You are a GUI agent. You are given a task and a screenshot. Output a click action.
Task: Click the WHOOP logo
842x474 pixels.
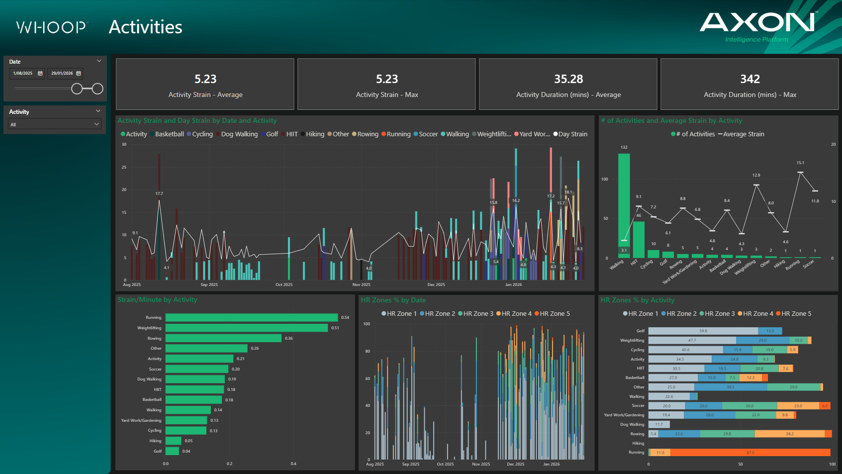[x=52, y=27]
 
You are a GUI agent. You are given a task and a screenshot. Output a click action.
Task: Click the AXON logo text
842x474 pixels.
[x=757, y=22]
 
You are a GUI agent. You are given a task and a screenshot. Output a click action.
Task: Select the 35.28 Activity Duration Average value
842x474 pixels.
[x=568, y=79]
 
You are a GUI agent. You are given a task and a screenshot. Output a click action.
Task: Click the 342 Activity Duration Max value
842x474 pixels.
[x=749, y=79]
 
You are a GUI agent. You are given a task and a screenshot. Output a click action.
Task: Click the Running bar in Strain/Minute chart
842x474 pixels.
[x=251, y=317]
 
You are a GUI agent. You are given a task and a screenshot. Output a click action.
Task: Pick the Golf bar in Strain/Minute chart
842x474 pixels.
[x=172, y=451]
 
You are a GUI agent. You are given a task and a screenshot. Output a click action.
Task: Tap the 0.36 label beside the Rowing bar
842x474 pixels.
[x=289, y=338]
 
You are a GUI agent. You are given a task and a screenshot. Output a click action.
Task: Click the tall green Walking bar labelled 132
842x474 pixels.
[x=624, y=204]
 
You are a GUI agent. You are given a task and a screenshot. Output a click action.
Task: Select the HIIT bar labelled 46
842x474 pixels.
[x=639, y=239]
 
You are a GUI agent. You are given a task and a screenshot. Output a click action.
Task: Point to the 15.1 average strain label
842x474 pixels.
[x=800, y=163]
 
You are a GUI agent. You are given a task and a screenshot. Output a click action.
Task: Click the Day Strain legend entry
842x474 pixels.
[x=570, y=134]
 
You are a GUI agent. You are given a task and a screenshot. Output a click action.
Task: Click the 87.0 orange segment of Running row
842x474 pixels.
[x=750, y=453]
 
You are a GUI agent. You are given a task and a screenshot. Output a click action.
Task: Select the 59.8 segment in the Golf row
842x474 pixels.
[x=703, y=331]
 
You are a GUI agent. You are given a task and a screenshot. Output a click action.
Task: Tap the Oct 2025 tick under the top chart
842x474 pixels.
[x=284, y=284]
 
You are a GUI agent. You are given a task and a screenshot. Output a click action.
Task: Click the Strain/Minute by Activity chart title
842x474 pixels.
[x=157, y=299]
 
